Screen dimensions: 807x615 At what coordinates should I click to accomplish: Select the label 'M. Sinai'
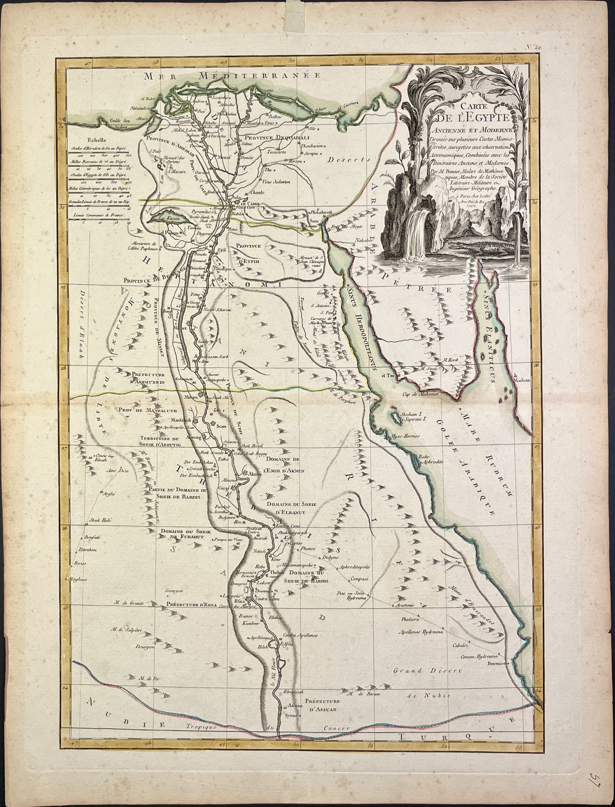(427, 368)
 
